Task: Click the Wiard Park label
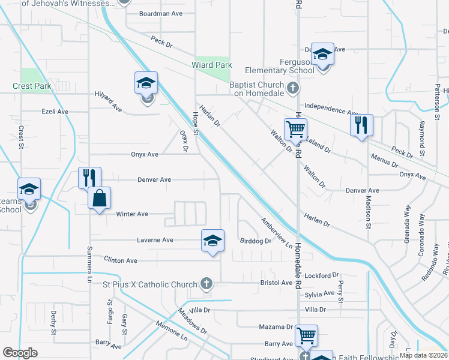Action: (x=211, y=65)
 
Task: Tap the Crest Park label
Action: (x=32, y=86)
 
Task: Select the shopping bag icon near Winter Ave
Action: (x=100, y=197)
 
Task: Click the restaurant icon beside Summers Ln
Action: (x=89, y=177)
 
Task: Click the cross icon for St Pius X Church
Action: (x=206, y=284)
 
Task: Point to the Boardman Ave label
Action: (x=160, y=13)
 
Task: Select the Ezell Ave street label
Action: (x=55, y=112)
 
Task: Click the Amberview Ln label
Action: (x=276, y=233)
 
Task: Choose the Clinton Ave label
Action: (x=121, y=260)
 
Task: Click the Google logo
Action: (x=20, y=353)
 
